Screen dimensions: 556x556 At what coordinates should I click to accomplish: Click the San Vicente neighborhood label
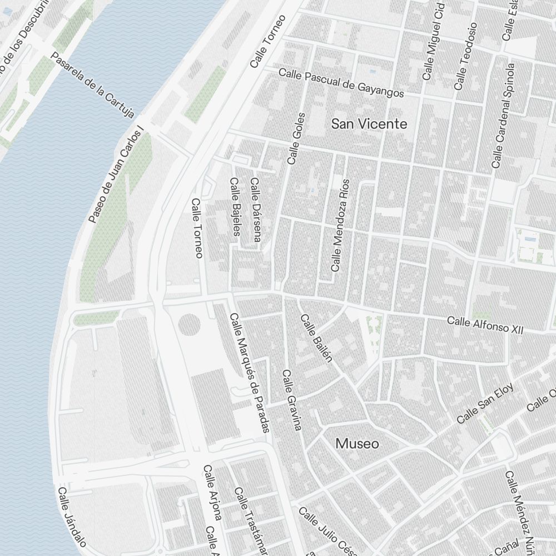(369, 124)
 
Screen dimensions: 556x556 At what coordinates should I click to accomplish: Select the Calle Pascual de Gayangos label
(341, 82)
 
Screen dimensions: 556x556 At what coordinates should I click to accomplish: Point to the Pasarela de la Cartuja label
(92, 86)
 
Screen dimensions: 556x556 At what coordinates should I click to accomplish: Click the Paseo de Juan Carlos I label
(116, 175)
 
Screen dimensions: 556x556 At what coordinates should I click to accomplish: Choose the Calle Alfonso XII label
(485, 325)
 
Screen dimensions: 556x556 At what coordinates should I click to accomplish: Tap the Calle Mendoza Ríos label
(340, 225)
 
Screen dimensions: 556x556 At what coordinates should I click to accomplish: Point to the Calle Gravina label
(291, 400)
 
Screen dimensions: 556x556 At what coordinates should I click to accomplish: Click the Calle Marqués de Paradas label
(250, 373)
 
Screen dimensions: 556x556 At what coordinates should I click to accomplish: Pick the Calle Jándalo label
(72, 517)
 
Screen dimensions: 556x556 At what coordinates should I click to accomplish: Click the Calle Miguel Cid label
(434, 44)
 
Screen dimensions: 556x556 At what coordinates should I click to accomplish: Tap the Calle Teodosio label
(465, 56)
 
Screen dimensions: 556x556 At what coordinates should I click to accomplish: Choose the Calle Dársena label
(255, 210)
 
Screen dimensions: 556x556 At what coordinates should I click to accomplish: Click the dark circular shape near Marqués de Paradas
(189, 325)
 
